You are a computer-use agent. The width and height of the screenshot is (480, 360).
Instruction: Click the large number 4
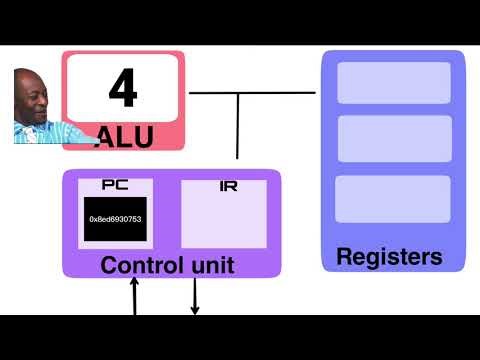(122, 88)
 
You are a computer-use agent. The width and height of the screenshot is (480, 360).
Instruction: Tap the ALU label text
(124, 137)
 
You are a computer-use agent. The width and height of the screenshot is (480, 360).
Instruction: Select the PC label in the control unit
(115, 185)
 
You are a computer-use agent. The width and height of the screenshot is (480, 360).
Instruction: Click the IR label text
(227, 187)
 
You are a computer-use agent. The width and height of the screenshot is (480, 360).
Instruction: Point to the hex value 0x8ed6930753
(115, 219)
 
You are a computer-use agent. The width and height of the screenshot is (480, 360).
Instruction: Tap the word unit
(211, 265)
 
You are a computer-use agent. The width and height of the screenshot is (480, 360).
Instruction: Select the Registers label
(389, 256)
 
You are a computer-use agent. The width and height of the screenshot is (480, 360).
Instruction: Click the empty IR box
(223, 220)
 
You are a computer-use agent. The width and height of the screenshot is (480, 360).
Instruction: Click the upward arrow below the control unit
(135, 296)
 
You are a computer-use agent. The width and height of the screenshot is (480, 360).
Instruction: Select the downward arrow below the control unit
(195, 296)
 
